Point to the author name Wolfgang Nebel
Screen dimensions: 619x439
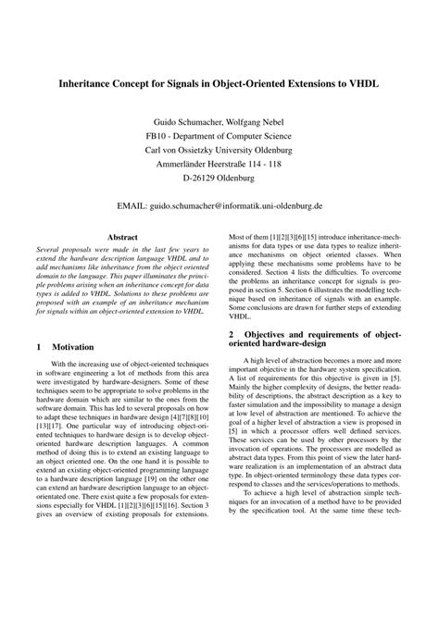coord(257,122)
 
